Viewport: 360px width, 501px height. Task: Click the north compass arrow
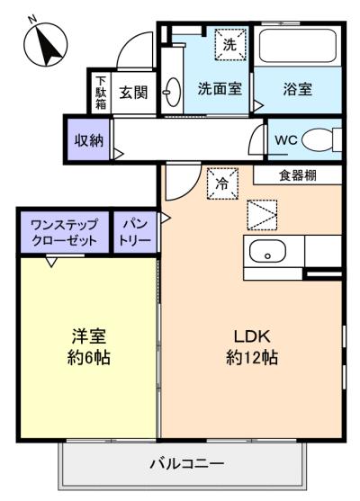tap(47, 45)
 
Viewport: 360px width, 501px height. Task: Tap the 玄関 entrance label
tap(133, 93)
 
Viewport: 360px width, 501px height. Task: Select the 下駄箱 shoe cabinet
tap(101, 93)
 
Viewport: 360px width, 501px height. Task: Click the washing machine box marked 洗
tap(230, 44)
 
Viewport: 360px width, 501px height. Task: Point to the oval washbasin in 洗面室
tap(172, 92)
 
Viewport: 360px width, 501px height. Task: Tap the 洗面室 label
tap(220, 88)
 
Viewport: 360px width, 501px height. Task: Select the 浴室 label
tap(297, 89)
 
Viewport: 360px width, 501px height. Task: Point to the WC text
tap(286, 140)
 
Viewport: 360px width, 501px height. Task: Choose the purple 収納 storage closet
tap(88, 139)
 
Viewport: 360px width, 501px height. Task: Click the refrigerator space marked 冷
tap(222, 183)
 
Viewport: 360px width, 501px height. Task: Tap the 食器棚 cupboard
tap(298, 175)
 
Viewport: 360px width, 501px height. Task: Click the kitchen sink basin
tap(267, 251)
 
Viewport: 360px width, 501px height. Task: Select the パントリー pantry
tap(135, 232)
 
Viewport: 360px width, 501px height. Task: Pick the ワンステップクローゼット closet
tap(64, 232)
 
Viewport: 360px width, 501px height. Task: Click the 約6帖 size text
tap(89, 357)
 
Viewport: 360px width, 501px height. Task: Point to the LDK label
tap(252, 336)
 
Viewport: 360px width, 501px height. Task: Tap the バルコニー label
tap(187, 463)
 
